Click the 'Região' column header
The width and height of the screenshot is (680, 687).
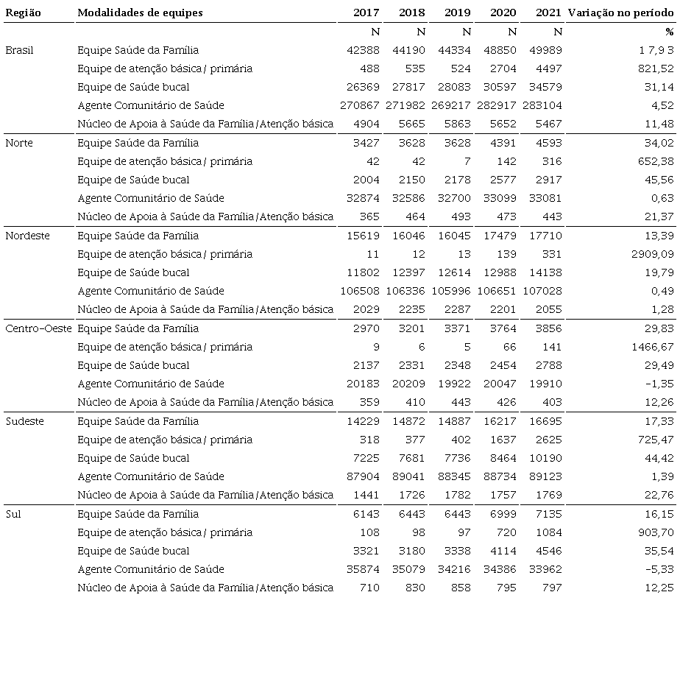23,13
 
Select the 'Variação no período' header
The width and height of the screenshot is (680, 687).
620,13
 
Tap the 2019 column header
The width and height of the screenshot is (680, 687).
457,13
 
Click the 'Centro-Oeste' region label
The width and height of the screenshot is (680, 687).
38,328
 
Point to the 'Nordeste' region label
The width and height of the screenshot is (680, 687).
25,236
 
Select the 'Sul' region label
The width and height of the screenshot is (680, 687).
13,514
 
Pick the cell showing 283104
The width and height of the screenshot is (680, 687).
542,105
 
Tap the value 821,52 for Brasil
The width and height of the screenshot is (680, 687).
655,68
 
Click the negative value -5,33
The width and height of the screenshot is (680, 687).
658,569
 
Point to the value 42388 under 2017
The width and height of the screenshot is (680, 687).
364,50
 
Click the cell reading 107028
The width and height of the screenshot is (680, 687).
542,291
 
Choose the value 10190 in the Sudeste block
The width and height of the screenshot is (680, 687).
545,458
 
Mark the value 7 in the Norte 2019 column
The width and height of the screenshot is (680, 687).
467,161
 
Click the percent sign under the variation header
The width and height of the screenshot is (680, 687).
669,32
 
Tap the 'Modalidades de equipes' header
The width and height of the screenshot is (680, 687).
140,13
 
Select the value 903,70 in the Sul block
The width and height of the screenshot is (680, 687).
655,532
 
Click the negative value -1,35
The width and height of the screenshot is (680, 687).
658,384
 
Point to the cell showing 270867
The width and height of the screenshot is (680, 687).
360,105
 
